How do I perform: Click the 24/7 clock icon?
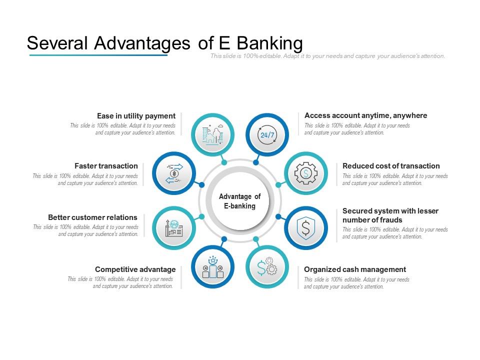pyautogui.click(x=267, y=134)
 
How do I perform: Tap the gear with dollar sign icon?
pyautogui.click(x=306, y=173)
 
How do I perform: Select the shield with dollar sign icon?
pyautogui.click(x=306, y=228)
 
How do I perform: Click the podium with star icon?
pyautogui.click(x=213, y=267)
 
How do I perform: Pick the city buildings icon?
pyautogui.click(x=213, y=134)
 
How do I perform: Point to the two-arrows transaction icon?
pyautogui.click(x=174, y=173)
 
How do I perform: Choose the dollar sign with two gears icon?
pyautogui.click(x=267, y=266)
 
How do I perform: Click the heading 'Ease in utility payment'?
pyautogui.click(x=136, y=116)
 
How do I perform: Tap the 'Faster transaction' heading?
pyautogui.click(x=106, y=166)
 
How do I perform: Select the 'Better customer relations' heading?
pyautogui.click(x=93, y=217)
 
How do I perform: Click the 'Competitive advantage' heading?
pyautogui.click(x=135, y=269)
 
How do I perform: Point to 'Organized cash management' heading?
pyautogui.click(x=355, y=269)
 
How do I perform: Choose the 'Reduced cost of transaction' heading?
pyautogui.click(x=391, y=166)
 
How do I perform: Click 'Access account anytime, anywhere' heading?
pyautogui.click(x=366, y=115)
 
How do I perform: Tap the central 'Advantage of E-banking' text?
pyautogui.click(x=239, y=201)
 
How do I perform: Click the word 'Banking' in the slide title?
pyautogui.click(x=269, y=43)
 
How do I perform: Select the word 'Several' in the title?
pyautogui.click(x=57, y=43)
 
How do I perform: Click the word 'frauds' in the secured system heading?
pyautogui.click(x=389, y=220)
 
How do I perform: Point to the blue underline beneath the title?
pyautogui.click(x=98, y=55)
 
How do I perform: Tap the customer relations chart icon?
pyautogui.click(x=174, y=228)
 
